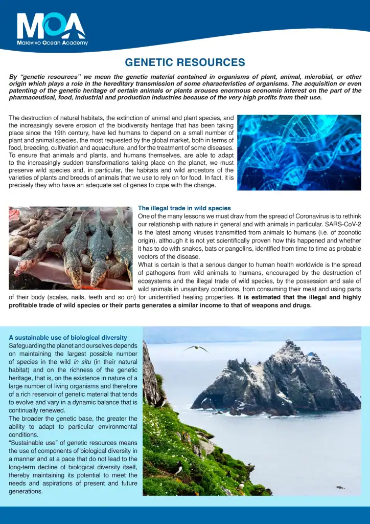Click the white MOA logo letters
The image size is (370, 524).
coord(51,26)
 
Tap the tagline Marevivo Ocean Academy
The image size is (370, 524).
coord(52,43)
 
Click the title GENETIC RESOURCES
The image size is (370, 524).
coord(185,62)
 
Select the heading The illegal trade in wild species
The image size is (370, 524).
coord(184,208)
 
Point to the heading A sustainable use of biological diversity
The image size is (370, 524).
coord(68,338)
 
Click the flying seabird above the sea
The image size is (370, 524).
coord(196,348)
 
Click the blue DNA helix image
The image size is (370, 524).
coord(299,152)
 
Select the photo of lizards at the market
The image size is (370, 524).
coord(71,248)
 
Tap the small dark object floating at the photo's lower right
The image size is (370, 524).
coord(340,487)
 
